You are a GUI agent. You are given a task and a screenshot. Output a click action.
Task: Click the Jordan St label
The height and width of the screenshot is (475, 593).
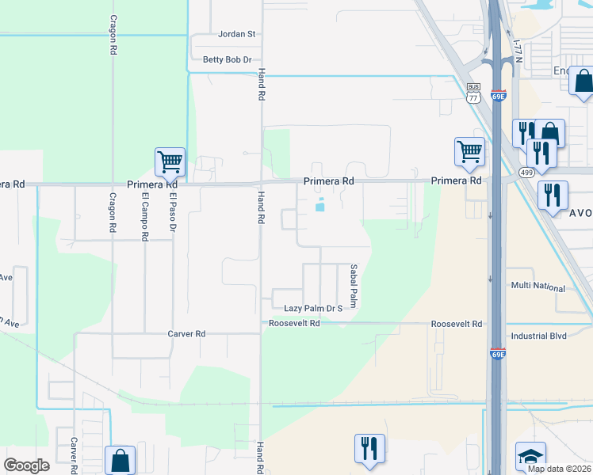pos(237,35)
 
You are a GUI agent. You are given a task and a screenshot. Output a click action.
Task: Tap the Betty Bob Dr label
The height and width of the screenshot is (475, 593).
pos(227,60)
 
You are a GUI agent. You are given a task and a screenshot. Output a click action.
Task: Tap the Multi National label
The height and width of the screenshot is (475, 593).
pos(538,285)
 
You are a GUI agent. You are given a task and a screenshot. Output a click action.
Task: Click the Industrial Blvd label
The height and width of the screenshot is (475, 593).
pos(539,336)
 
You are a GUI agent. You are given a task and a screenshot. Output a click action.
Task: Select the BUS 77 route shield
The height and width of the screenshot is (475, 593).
pos(473,93)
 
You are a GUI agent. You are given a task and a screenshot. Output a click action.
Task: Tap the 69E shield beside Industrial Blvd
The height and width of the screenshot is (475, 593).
pos(497,354)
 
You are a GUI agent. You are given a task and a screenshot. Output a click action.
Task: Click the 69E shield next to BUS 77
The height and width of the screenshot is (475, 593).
pos(498,94)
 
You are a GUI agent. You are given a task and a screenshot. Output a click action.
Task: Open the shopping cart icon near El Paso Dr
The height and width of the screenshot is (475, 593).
pos(170,162)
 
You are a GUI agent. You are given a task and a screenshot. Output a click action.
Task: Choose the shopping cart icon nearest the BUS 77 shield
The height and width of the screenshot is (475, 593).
pos(469,151)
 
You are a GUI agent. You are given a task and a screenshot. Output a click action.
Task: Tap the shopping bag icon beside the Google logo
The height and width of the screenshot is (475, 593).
pos(120,459)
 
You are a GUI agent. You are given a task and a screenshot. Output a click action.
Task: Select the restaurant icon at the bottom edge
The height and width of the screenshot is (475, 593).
pos(369,448)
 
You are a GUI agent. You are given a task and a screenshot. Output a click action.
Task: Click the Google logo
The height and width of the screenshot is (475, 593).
pos(27,465)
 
